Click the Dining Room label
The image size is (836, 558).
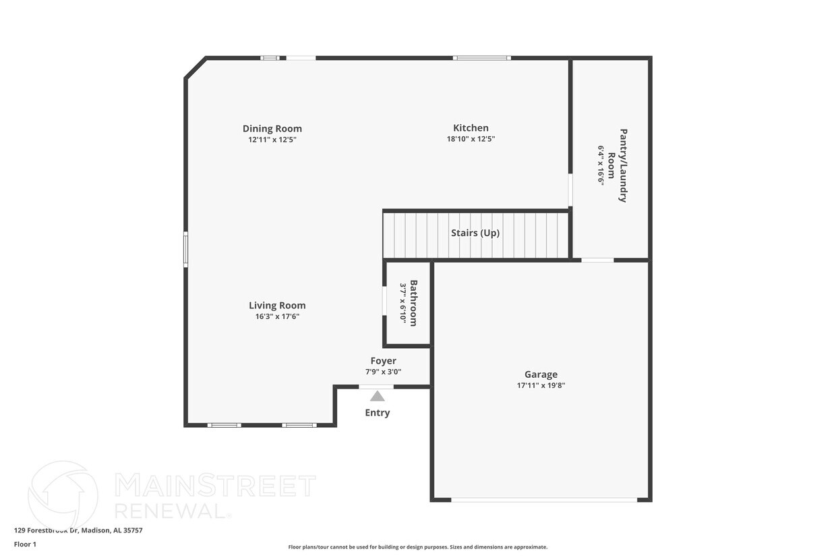click(x=272, y=129)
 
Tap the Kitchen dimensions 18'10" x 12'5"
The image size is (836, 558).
click(x=471, y=139)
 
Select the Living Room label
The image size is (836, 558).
click(x=277, y=306)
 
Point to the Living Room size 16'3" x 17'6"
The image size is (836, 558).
click(x=277, y=316)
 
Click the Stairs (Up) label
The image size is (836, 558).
click(x=475, y=233)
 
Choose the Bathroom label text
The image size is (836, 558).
click(x=413, y=303)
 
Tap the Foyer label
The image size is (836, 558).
click(x=384, y=361)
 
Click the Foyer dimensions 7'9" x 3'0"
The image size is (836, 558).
click(x=384, y=371)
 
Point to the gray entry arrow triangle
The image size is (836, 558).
click(x=378, y=396)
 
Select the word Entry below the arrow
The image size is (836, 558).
click(x=378, y=413)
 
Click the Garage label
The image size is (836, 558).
click(x=541, y=374)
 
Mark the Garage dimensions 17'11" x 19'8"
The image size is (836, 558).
click(x=541, y=385)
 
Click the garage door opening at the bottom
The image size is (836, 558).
click(x=544, y=500)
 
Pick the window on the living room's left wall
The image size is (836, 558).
click(x=185, y=250)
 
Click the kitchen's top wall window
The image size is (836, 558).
click(x=481, y=58)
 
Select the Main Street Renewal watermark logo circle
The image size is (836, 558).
click(x=63, y=494)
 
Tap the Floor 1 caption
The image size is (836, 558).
click(x=25, y=544)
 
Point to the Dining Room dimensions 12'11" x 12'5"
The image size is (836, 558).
click(x=272, y=140)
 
